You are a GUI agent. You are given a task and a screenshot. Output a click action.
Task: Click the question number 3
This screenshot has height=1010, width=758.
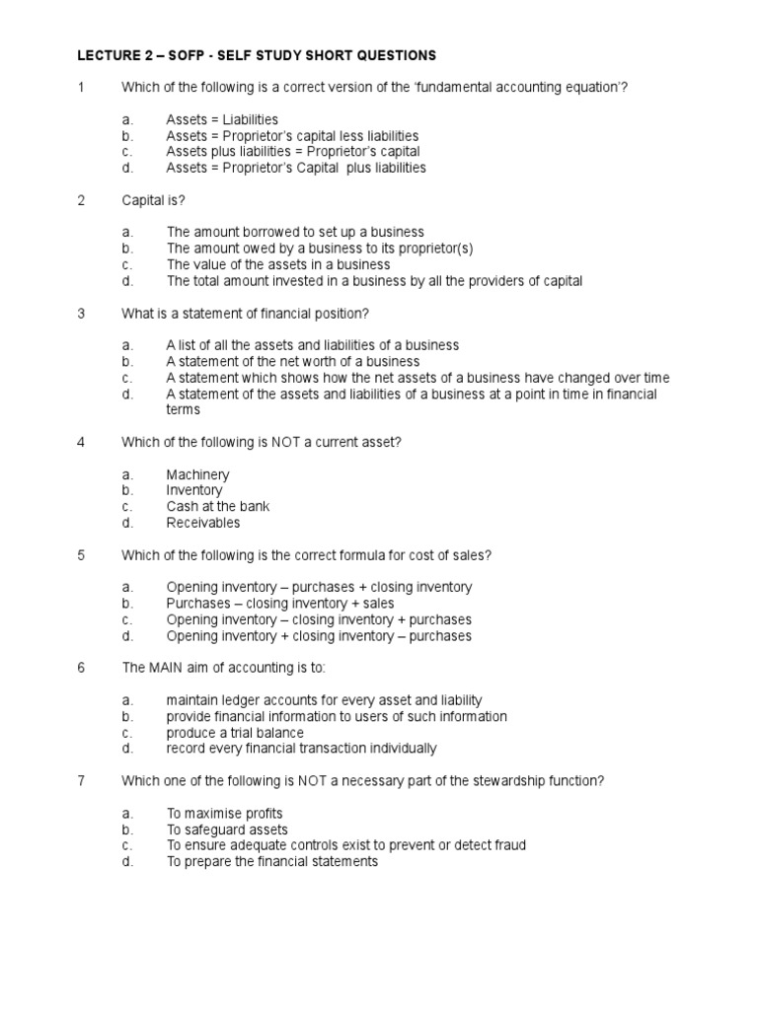82,314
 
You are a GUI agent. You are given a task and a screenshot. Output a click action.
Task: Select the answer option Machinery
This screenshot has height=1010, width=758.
197,474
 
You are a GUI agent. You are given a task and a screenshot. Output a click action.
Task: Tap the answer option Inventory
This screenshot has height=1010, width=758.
194,490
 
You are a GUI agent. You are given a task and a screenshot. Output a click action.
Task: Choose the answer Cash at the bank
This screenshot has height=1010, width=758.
217,506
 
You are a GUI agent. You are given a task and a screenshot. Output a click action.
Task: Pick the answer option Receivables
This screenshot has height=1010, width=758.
202,523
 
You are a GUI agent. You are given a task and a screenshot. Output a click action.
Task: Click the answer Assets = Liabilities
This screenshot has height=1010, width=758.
222,119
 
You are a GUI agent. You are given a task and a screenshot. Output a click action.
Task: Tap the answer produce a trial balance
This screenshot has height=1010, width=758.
235,733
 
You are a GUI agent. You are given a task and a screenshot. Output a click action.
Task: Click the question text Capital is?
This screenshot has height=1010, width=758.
153,200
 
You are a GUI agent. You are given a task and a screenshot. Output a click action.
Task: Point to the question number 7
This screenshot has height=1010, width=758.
82,780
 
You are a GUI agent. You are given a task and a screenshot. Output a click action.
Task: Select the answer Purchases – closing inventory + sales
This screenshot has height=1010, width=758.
279,603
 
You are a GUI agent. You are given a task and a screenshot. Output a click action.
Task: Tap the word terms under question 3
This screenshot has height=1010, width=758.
183,409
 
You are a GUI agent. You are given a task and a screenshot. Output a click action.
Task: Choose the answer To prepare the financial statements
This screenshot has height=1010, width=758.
271,861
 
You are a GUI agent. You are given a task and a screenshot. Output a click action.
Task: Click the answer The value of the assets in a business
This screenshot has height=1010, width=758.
277,264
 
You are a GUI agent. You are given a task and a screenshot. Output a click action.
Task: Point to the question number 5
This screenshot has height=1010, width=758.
82,555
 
